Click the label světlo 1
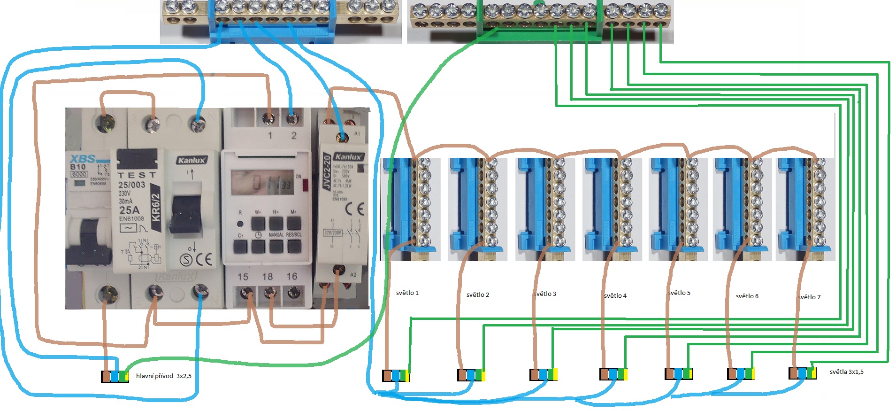[407, 293]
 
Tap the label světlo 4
[615, 295]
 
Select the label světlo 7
[810, 297]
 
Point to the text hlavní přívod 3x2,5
[163, 376]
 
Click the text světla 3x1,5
[846, 372]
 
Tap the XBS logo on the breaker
[83, 159]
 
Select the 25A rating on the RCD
[129, 210]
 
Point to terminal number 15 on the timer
[243, 277]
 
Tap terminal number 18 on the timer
[268, 277]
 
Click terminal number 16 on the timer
[292, 277]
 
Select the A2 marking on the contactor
[353, 275]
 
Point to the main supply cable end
[115, 376]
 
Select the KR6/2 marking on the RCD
[156, 207]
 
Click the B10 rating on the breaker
[78, 167]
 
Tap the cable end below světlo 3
[544, 374]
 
